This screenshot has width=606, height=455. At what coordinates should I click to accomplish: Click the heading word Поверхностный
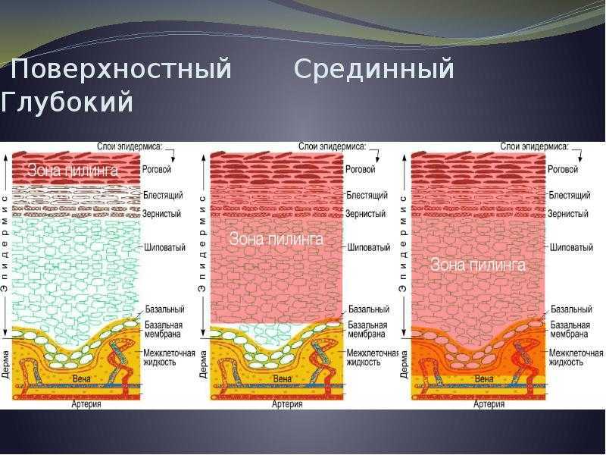pyautogui.click(x=120, y=69)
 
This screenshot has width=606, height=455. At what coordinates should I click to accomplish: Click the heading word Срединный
pyautogui.click(x=373, y=68)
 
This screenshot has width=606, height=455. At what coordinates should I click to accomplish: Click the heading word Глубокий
pyautogui.click(x=67, y=102)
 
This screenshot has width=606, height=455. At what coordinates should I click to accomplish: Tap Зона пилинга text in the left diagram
pyautogui.click(x=72, y=171)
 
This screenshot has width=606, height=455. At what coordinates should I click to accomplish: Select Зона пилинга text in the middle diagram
pyautogui.click(x=276, y=239)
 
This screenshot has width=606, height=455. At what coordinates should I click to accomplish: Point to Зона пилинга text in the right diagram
pyautogui.click(x=478, y=265)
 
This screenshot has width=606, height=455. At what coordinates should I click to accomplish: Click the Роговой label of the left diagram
pyautogui.click(x=157, y=169)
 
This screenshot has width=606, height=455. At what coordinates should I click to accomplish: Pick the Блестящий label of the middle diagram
pyautogui.click(x=367, y=195)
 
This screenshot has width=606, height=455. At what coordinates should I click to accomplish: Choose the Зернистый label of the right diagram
pyautogui.click(x=567, y=214)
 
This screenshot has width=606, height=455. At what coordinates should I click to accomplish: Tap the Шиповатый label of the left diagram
pyautogui.click(x=164, y=247)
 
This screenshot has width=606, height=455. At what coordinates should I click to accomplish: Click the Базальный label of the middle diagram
pyautogui.click(x=369, y=309)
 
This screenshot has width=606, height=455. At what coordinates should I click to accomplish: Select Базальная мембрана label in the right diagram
pyautogui.click(x=570, y=329)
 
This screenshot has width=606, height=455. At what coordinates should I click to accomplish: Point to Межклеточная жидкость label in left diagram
pyautogui.click(x=169, y=357)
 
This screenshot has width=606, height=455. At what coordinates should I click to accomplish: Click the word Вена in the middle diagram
pyautogui.click(x=282, y=378)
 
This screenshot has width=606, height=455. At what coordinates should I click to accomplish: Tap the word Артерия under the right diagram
pyautogui.click(x=489, y=404)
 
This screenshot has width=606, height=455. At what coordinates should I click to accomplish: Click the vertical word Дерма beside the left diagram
pyautogui.click(x=5, y=365)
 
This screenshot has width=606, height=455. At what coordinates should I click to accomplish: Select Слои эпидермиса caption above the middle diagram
pyautogui.click(x=332, y=146)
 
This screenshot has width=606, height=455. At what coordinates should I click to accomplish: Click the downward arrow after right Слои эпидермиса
pyautogui.click(x=580, y=154)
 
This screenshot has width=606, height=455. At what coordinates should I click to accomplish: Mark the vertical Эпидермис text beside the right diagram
pyautogui.click(x=402, y=244)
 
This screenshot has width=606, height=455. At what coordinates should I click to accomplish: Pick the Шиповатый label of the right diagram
pyautogui.click(x=571, y=247)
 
